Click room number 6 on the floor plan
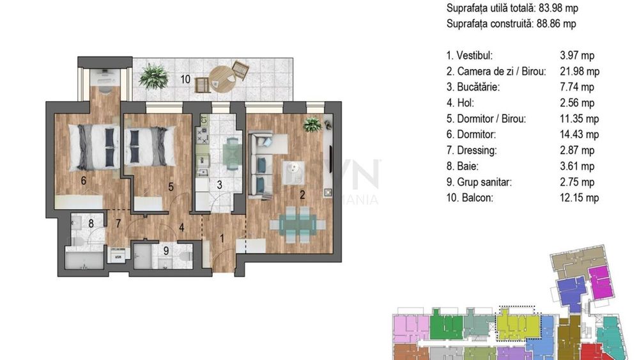(x=84, y=180)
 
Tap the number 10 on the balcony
(x=185, y=79)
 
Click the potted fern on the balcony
(x=153, y=76)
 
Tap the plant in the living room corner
(x=312, y=124)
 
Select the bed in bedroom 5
(x=150, y=146)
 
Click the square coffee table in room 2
(x=294, y=173)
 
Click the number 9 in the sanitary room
(x=166, y=250)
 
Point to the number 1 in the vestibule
(x=222, y=239)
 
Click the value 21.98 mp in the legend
(x=580, y=72)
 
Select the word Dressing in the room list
(x=477, y=150)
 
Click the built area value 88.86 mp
(x=557, y=24)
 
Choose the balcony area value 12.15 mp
(x=579, y=198)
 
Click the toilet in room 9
(x=185, y=256)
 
